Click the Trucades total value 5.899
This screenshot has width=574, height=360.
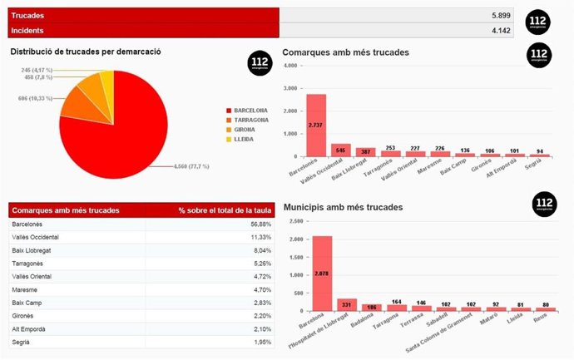pos(500,16)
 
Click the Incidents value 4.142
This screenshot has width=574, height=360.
pos(500,31)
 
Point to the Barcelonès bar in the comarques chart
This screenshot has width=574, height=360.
pos(316,125)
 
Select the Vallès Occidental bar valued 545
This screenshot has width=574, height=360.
pos(340,150)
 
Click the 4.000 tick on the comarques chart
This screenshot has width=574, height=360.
pos(290,88)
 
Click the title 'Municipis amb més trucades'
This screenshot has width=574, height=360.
pos(344,206)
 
